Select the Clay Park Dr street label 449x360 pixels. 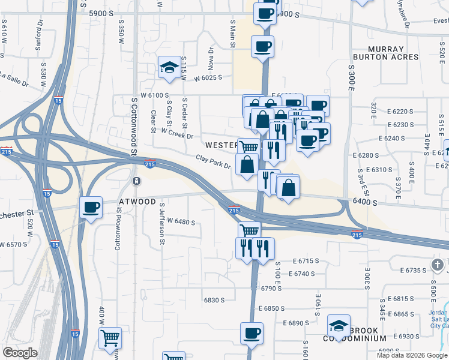click(x=213, y=161)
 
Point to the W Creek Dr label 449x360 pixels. click(x=177, y=133)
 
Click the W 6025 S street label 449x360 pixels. click(x=208, y=78)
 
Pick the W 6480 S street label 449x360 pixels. click(x=181, y=222)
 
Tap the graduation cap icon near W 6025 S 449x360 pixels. click(x=170, y=67)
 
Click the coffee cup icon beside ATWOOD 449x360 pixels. click(x=91, y=208)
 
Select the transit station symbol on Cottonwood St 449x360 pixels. click(x=137, y=181)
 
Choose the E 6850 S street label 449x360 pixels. click(x=273, y=308)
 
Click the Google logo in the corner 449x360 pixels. click(x=19, y=353)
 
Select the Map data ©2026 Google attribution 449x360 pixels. click(x=412, y=355)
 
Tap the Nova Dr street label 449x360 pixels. click(x=211, y=59)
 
